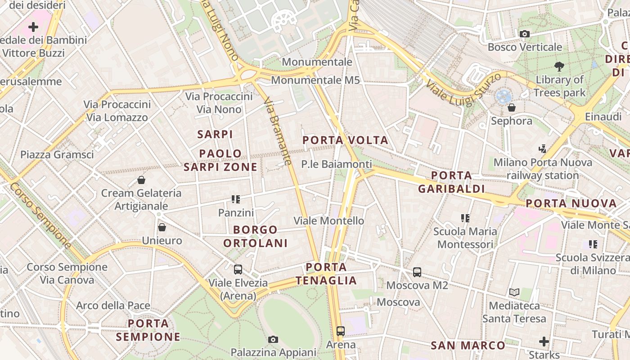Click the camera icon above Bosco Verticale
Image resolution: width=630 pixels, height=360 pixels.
pos(524,34)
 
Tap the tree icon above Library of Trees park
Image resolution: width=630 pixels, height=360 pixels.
pos(559,67)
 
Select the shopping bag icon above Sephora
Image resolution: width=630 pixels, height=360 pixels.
pos(512,108)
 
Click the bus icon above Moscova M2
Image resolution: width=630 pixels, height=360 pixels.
pos(417,272)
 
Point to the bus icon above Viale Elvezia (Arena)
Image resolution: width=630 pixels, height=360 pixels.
pos(238,270)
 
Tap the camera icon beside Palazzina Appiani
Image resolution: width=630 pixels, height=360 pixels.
pos(273,339)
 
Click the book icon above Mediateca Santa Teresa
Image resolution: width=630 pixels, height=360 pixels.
pos(514,292)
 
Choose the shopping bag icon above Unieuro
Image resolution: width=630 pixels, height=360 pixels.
pos(162,227)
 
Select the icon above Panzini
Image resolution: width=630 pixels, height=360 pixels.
pos(236,199)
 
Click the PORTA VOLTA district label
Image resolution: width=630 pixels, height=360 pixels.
pos(345,140)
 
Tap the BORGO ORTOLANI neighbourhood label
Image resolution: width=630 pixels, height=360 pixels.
pos(255,236)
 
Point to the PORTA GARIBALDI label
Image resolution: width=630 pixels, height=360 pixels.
pos(451,182)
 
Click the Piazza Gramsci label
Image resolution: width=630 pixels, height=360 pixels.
pos(57,155)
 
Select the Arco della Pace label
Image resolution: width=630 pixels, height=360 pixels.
pos(113,306)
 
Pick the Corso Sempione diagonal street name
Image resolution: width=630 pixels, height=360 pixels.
pos(40,215)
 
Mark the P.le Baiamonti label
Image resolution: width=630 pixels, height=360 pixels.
pos(337,164)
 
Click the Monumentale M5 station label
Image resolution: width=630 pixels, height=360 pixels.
pos(315,80)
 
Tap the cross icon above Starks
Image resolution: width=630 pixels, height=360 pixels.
pos(544,342)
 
